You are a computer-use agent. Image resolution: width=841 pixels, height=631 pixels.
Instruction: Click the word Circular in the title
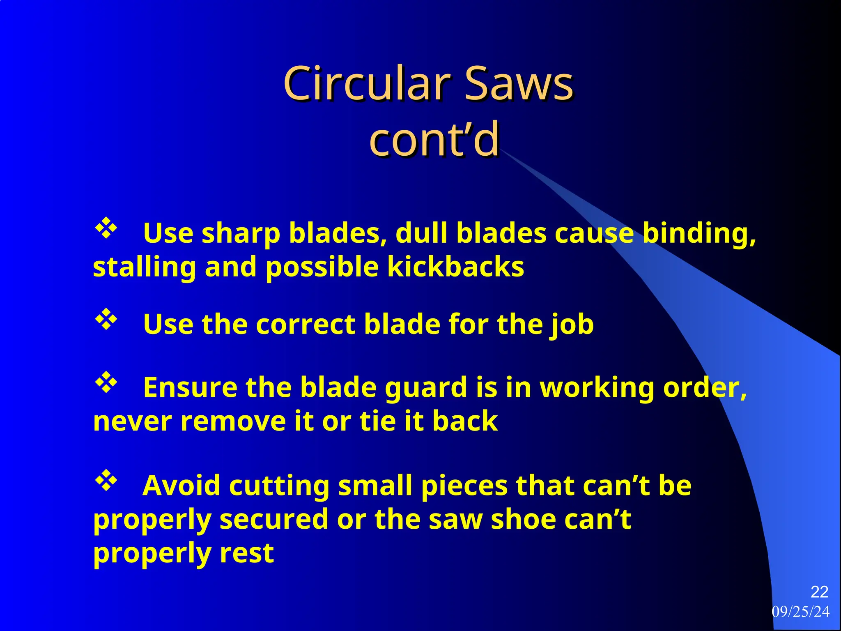pos(368,84)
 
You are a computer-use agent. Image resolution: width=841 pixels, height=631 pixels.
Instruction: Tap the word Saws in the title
pos(519,84)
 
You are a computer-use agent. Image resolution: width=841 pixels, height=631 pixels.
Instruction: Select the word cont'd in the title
pos(434,140)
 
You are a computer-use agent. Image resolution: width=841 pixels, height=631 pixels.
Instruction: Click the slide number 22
pos(819,592)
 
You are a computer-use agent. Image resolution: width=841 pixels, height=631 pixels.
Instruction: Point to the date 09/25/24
pos(801,612)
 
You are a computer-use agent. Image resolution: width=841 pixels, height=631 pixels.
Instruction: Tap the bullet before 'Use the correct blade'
pos(106,319)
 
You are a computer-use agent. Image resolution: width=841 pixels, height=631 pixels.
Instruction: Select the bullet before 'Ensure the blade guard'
pos(106,382)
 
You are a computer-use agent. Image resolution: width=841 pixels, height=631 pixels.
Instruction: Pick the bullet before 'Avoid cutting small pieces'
pos(106,481)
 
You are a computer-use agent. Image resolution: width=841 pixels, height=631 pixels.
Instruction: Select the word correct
pos(306,325)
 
